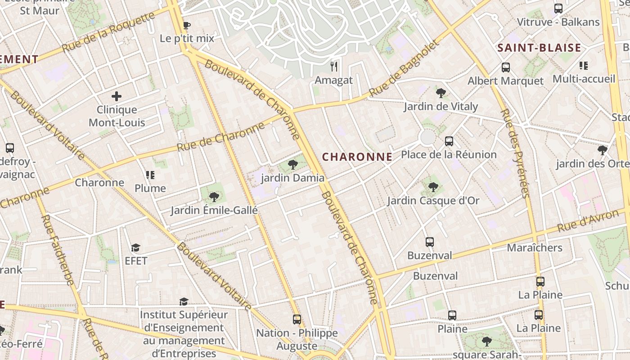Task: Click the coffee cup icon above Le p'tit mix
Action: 186,25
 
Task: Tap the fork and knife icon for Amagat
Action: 334,67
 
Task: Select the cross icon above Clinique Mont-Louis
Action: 117,96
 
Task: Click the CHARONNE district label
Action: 357,157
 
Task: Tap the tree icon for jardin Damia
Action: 293,165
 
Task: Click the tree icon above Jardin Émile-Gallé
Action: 214,197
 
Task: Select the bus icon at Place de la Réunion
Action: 449,141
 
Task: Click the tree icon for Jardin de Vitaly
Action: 441,93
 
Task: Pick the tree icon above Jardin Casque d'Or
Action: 433,187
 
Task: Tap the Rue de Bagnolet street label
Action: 403,68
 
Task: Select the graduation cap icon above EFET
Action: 135,247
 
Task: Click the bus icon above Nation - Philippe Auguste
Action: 297,319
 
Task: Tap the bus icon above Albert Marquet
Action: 506,67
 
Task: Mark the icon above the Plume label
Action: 150,175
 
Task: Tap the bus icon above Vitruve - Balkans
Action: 558,8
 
